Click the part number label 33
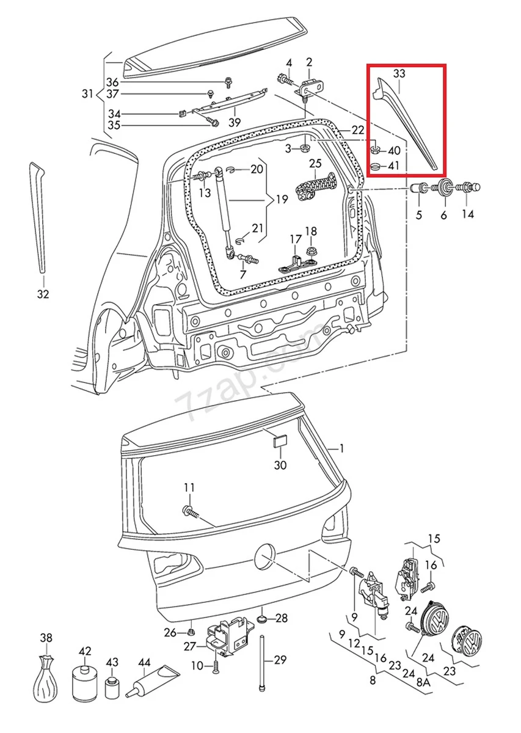pos(399,74)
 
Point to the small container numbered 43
pos(111,687)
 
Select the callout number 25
pos(315,163)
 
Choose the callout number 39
pos(235,122)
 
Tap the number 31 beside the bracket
pos(87,93)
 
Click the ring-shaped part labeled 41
pos(376,166)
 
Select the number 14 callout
pos(468,214)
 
